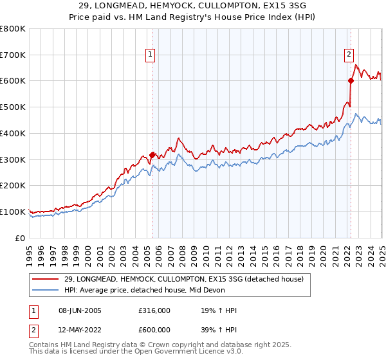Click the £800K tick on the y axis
(13, 29)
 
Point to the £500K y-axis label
(13, 107)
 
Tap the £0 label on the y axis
(20, 238)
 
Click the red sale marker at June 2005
(152, 155)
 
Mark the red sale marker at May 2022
(351, 80)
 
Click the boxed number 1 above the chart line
(150, 55)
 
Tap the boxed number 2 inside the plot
(349, 55)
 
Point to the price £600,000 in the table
(154, 330)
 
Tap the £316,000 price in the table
(154, 311)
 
